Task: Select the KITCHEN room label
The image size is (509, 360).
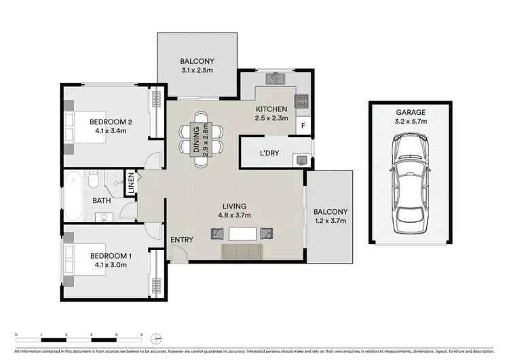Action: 271,109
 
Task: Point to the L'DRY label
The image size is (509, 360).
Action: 270,154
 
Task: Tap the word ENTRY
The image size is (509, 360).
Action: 181,240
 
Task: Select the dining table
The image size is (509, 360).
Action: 202,138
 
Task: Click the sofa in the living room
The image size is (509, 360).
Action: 242,251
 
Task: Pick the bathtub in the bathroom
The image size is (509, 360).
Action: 73,196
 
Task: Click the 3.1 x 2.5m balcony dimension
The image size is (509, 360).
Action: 198,69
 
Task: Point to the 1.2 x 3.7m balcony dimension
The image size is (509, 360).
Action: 331,221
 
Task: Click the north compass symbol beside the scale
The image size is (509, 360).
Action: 157,338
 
